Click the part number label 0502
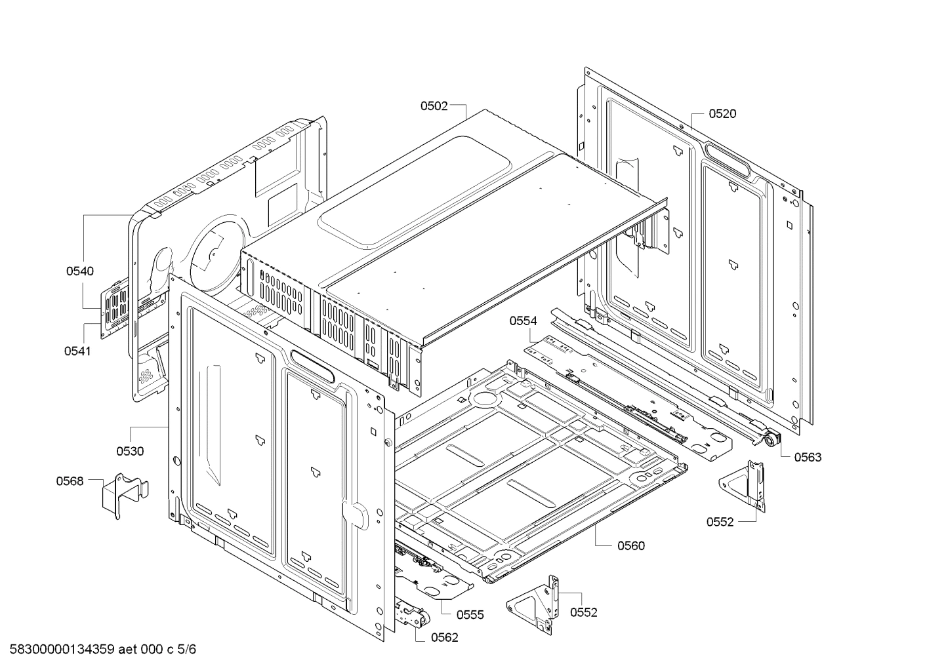click(x=434, y=106)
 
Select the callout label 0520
click(x=722, y=114)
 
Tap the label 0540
click(x=79, y=271)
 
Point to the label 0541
click(x=77, y=351)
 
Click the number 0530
click(x=130, y=451)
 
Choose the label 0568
click(x=70, y=481)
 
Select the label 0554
click(x=523, y=321)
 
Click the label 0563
click(x=808, y=458)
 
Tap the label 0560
click(x=630, y=545)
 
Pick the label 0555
click(x=470, y=615)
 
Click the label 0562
click(x=444, y=637)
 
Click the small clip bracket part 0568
click(x=123, y=495)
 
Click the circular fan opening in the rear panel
click(x=213, y=252)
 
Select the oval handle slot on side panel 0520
click(x=726, y=159)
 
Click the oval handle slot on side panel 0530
click(x=312, y=363)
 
